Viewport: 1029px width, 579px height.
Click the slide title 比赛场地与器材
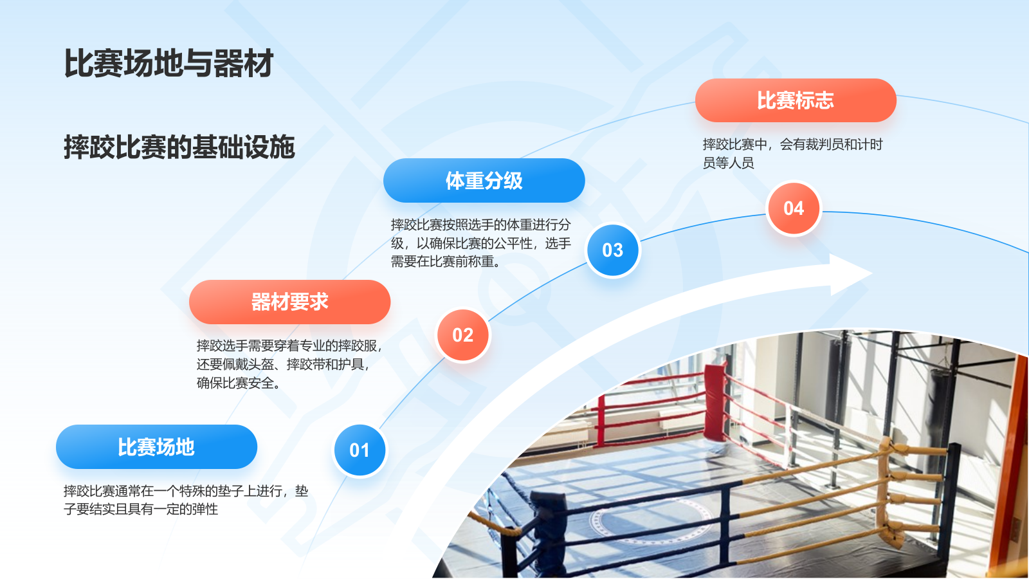pyautogui.click(x=168, y=64)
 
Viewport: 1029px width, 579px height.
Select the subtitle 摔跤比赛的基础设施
pyautogui.click(x=179, y=147)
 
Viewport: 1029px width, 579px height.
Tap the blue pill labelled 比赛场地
pyautogui.click(x=156, y=447)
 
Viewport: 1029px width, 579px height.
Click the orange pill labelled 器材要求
pyautogui.click(x=289, y=302)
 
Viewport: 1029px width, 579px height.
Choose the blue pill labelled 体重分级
pyautogui.click(x=484, y=181)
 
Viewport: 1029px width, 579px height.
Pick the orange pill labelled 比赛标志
pyautogui.click(x=796, y=100)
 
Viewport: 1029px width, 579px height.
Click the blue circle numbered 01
pyautogui.click(x=360, y=450)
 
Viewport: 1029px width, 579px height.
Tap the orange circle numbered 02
pyautogui.click(x=462, y=335)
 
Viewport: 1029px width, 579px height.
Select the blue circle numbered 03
pyautogui.click(x=613, y=250)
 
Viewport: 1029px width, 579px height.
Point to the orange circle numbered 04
pyautogui.click(x=794, y=208)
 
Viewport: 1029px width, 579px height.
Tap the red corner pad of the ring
pyautogui.click(x=715, y=402)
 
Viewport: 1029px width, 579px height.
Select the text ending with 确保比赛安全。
pyautogui.click(x=238, y=383)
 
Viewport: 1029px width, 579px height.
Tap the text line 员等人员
pyautogui.click(x=728, y=163)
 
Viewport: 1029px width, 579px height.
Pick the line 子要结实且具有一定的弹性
pyautogui.click(x=141, y=510)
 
